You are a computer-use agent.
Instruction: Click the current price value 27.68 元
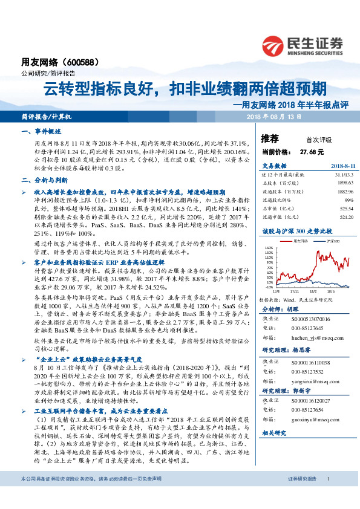click(311, 151)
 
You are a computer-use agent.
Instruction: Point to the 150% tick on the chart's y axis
click(268, 248)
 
